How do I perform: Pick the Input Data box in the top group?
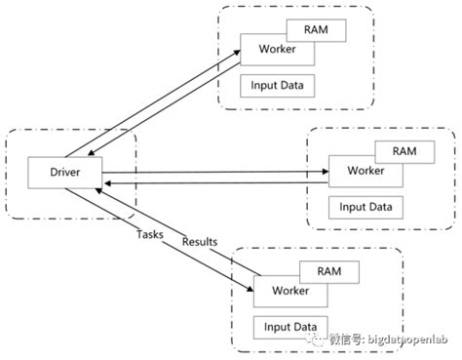(x=279, y=86)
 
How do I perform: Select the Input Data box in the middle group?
(x=366, y=207)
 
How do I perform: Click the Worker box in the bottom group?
(x=289, y=291)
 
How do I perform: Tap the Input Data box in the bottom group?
(x=291, y=327)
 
